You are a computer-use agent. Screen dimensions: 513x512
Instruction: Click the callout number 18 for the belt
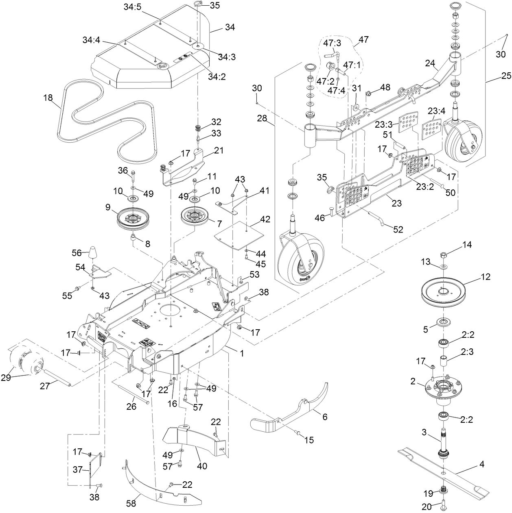click(x=48, y=98)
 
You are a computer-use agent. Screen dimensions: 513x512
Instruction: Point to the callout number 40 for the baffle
click(x=201, y=466)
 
